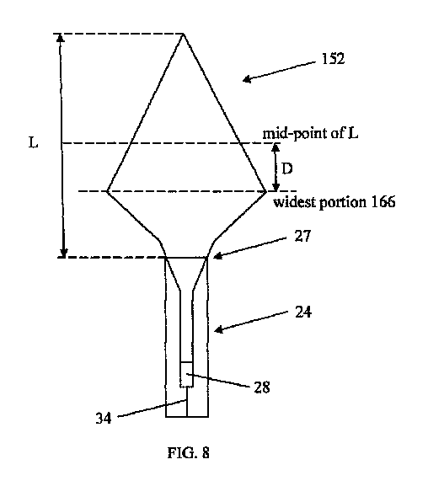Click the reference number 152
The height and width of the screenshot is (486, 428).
point(333,59)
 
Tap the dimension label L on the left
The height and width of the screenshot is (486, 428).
point(33,143)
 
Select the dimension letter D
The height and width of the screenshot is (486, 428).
point(287,169)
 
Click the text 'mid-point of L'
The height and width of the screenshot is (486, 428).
point(310,133)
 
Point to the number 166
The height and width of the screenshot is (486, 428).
point(383,202)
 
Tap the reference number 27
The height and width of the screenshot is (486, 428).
point(302,236)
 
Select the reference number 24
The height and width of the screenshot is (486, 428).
point(303,312)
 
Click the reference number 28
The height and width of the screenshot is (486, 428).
point(262,387)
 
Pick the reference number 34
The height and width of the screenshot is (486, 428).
point(104,418)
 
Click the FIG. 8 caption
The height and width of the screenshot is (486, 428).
point(189,453)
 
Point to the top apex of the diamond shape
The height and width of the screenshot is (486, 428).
point(183,34)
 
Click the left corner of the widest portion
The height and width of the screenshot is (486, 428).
point(107,191)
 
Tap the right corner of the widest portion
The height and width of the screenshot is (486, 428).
point(266,191)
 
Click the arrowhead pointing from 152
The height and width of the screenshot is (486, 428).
point(247,80)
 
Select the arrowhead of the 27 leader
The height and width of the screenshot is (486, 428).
point(217,256)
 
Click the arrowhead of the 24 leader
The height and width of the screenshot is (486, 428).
point(219,329)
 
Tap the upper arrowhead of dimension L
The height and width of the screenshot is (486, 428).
point(61,38)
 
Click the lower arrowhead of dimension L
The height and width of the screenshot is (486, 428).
point(63,254)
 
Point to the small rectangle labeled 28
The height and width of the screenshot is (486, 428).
point(187,374)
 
